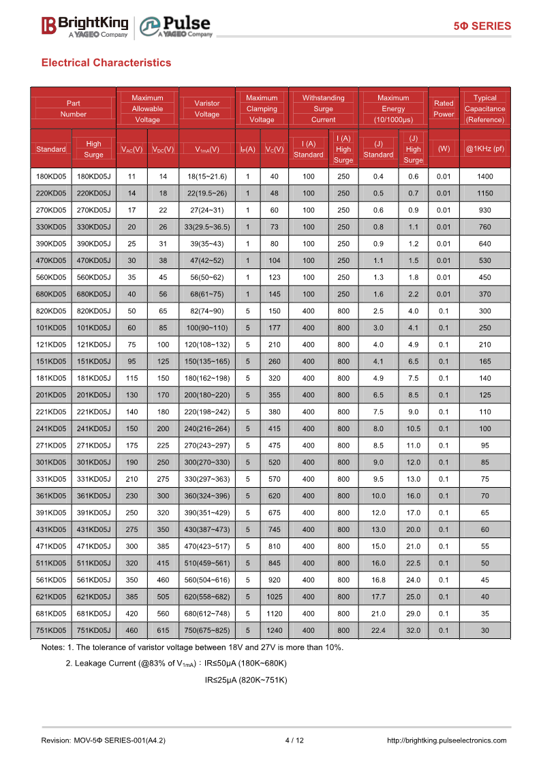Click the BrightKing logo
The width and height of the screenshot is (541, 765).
[84, 26]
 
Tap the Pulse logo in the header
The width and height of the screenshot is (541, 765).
[176, 27]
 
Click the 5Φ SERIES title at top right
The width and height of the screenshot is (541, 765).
[482, 26]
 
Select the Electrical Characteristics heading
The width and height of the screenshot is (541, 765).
[106, 63]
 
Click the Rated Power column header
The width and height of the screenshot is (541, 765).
[444, 108]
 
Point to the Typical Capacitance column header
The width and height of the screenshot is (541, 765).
[484, 108]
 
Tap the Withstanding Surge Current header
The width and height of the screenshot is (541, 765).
[323, 108]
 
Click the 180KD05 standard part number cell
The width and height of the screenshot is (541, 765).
[51, 176]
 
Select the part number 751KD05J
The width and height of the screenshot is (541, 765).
[93, 631]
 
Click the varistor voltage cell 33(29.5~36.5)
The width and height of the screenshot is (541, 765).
[207, 227]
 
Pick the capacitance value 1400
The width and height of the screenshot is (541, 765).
[484, 176]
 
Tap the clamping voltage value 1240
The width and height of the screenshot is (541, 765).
[274, 631]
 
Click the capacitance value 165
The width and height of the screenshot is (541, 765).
[484, 362]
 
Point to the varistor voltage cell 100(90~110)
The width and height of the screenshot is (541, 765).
[207, 328]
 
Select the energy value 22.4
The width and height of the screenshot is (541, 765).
[378, 631]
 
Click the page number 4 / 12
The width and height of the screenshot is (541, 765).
[294, 740]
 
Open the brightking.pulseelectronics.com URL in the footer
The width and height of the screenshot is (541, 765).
[446, 740]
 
